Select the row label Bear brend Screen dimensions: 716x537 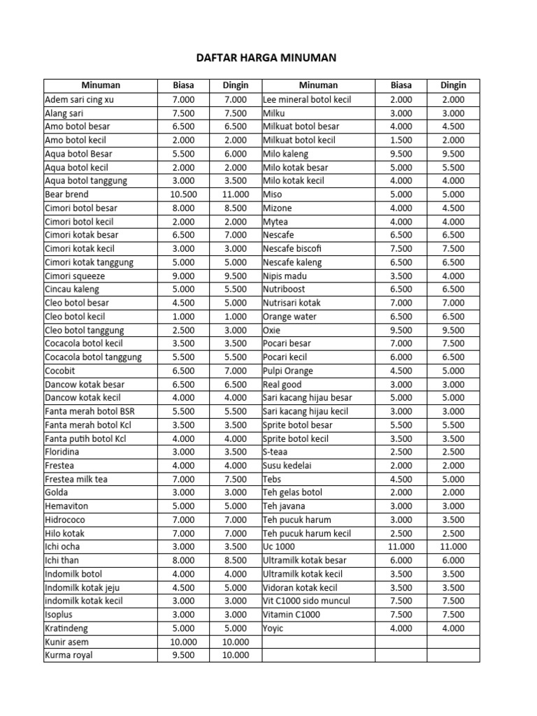tap(66, 194)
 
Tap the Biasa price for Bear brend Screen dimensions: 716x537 tap(183, 194)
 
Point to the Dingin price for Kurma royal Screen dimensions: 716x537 tap(235, 655)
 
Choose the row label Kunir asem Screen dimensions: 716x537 tap(66, 642)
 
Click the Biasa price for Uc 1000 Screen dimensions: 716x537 tap(401, 547)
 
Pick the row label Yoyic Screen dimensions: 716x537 tap(273, 628)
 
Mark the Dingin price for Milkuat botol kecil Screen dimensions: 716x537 tap(452, 140)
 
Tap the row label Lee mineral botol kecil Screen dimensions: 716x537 tap(307, 99)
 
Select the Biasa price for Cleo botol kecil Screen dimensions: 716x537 tap(183, 316)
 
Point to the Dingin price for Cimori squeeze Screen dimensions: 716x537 tap(235, 275)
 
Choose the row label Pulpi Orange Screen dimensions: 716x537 tap(287, 371)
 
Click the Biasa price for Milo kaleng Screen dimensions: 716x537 tap(401, 154)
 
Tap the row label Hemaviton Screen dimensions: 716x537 tap(66, 506)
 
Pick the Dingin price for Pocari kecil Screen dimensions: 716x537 tap(452, 357)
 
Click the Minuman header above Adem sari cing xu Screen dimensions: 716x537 tap(101, 85)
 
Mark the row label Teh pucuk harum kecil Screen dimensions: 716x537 tap(306, 534)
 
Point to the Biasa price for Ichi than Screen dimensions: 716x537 tap(183, 560)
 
